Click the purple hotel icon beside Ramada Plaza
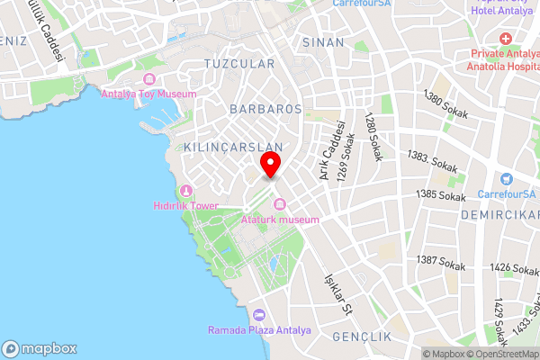point(260,315)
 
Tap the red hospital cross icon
point(505,40)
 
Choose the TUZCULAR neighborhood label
point(238,64)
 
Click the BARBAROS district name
point(265,108)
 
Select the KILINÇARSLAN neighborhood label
point(233,147)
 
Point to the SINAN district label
point(323,42)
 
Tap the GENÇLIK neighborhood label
point(362,336)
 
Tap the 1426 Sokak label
point(514,268)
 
